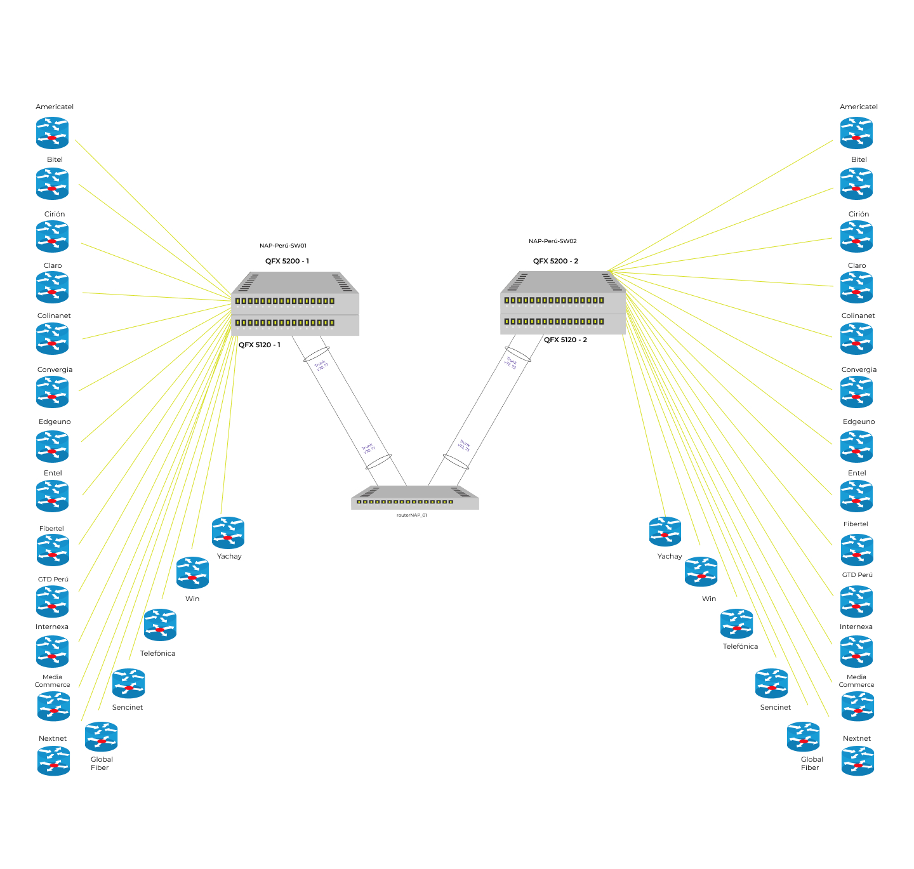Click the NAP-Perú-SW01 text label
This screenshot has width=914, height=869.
click(x=282, y=246)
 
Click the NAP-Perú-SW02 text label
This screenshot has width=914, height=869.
click(x=552, y=241)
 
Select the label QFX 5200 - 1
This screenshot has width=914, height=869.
click(x=287, y=261)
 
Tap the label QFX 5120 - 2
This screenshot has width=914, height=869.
click(x=565, y=340)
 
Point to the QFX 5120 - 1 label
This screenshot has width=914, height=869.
click(x=259, y=345)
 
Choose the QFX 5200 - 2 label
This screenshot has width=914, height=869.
click(x=555, y=261)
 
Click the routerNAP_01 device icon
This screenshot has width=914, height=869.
click(x=414, y=498)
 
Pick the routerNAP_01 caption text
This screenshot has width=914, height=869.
click(x=411, y=515)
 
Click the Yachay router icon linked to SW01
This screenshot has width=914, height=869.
click(x=228, y=533)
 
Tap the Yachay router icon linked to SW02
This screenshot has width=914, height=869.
click(x=665, y=531)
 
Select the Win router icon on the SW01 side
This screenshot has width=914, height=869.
click(x=192, y=573)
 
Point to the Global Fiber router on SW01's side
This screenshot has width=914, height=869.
click(x=102, y=737)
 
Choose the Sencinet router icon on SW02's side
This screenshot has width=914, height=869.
click(x=772, y=684)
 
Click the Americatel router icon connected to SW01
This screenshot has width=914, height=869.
click(x=52, y=133)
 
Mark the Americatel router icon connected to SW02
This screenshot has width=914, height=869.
click(x=856, y=133)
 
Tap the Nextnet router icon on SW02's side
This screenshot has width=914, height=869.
click(x=858, y=761)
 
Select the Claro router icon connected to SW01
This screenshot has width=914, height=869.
click(x=52, y=288)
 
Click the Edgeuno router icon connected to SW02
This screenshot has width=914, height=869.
click(x=856, y=447)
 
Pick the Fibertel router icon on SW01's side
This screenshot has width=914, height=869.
click(x=53, y=550)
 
